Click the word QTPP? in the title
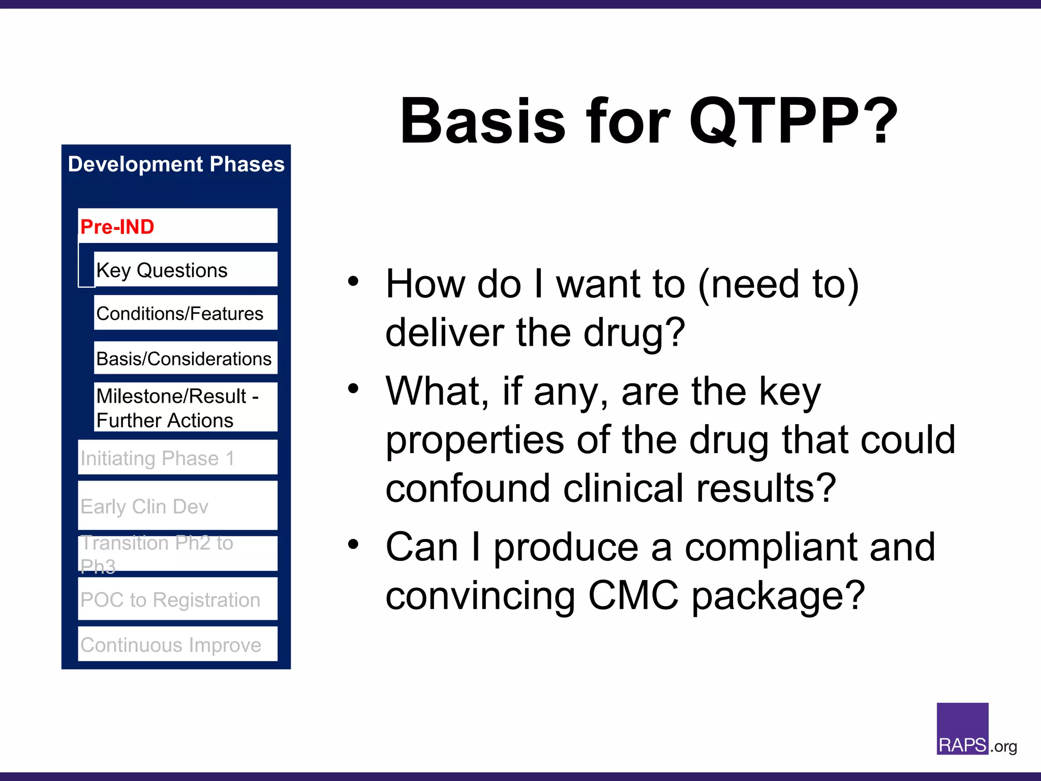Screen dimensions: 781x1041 [x=793, y=122]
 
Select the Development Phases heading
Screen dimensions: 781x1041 [x=176, y=164]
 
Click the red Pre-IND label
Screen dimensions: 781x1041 [x=117, y=227]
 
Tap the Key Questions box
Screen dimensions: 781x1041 [x=185, y=270]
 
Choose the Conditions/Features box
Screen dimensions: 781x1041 [x=185, y=313]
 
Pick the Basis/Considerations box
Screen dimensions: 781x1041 [x=185, y=358]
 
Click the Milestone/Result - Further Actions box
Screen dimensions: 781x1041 [x=185, y=408]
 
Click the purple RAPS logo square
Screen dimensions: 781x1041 [x=962, y=728]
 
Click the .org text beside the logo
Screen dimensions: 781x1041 [x=1003, y=746]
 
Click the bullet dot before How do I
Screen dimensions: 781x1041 [x=353, y=281]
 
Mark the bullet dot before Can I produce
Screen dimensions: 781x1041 [x=353, y=545]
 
